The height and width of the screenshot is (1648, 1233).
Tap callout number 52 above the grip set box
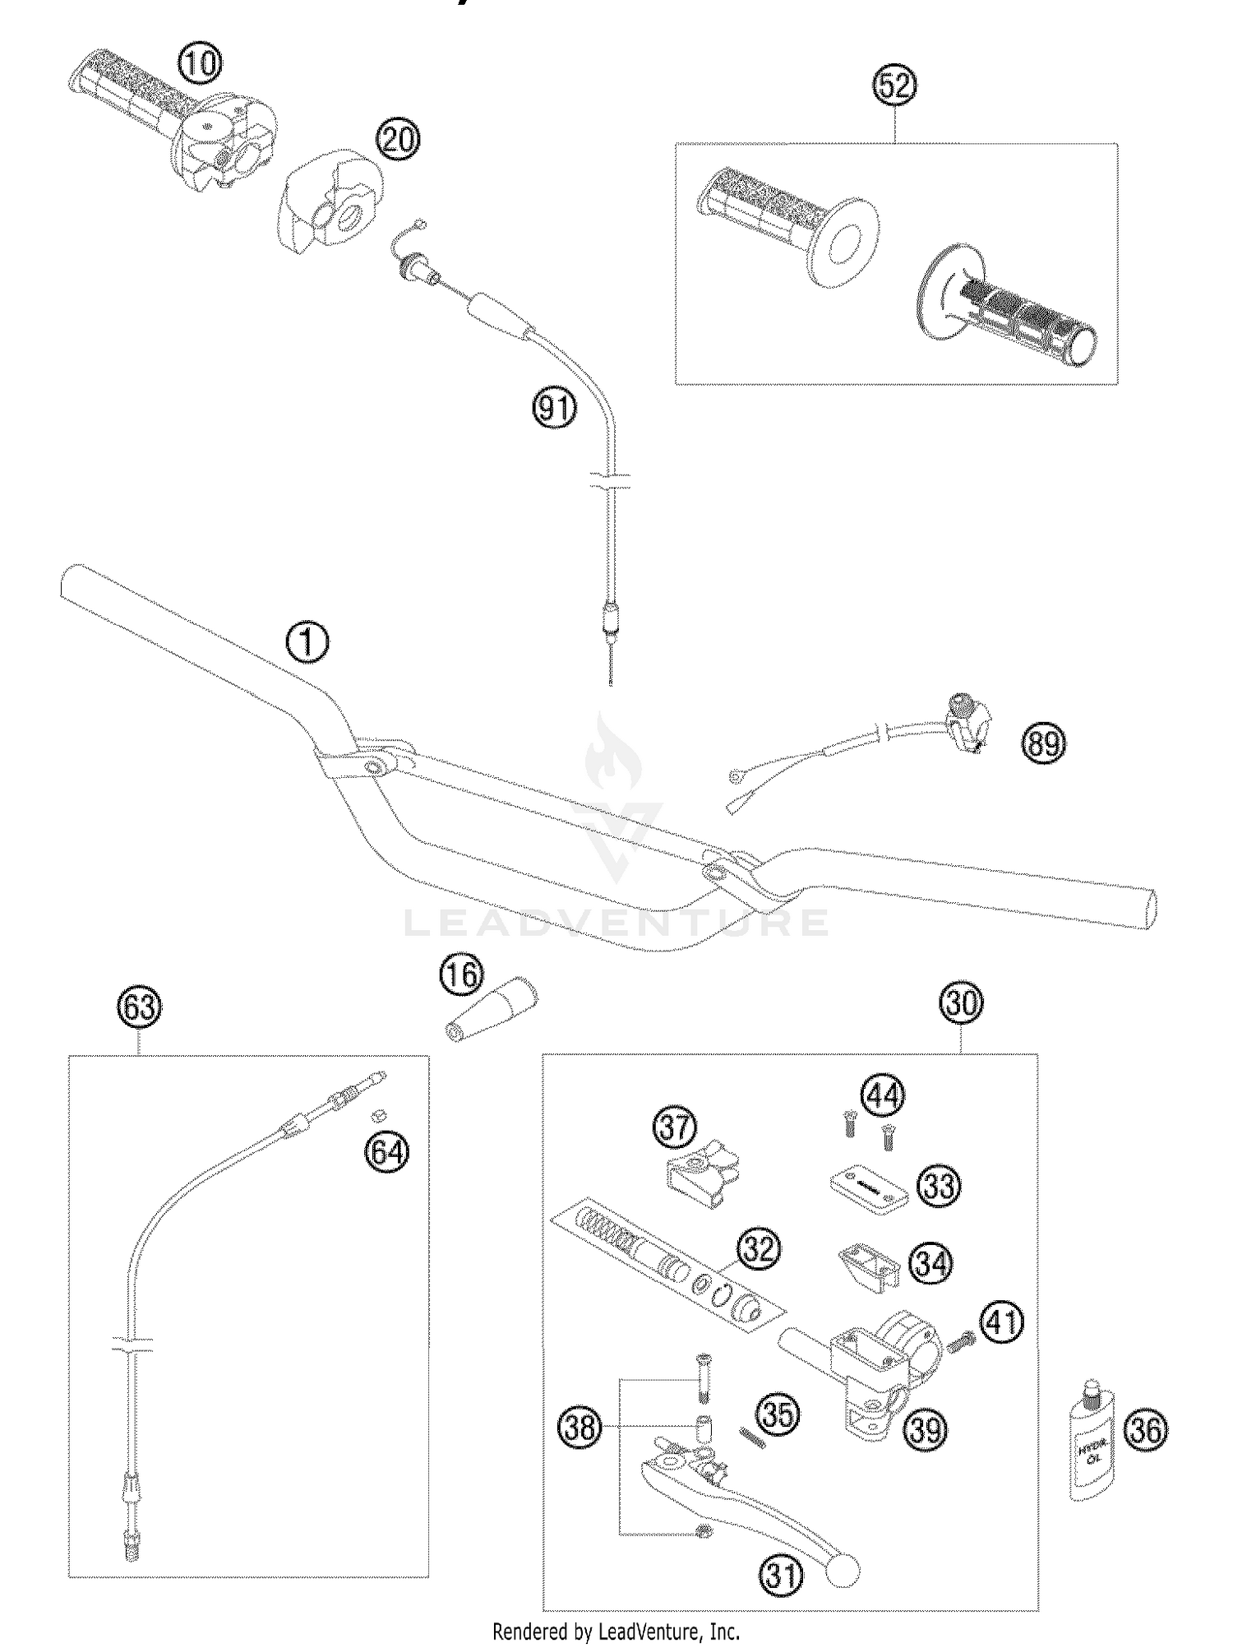895,86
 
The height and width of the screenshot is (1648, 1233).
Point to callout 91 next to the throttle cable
555,408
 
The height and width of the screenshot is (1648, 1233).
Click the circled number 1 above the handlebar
307,642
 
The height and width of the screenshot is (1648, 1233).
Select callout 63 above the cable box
139,1007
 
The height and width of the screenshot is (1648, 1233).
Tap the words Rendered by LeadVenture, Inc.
616,1631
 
